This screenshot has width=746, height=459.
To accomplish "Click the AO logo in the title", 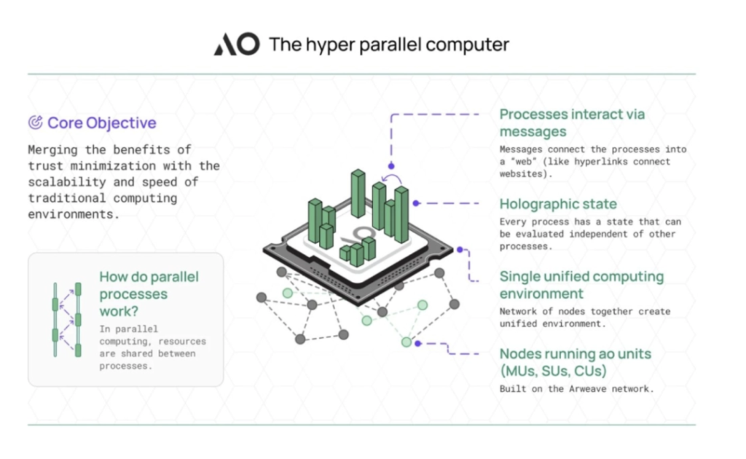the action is click(237, 44).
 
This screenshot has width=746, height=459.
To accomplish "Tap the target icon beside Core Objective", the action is click(35, 122).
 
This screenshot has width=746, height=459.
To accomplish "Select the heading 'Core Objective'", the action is click(102, 122).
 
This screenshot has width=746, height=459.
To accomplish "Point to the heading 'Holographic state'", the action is click(558, 204).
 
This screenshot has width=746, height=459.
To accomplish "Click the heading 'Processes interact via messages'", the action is click(572, 122).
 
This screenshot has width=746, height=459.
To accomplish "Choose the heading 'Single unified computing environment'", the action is click(581, 285).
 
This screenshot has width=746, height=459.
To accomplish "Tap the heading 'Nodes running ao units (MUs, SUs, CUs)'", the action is click(576, 362).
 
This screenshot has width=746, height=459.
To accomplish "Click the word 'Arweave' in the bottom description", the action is click(588, 389).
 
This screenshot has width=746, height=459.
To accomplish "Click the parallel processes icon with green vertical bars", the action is click(66, 320).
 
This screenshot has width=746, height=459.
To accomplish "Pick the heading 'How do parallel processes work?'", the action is click(149, 294).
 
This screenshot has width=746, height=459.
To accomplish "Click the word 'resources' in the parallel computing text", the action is click(182, 342).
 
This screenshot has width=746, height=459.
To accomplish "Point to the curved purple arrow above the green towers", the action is click(392, 179).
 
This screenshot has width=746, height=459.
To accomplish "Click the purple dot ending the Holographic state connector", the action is click(416, 203).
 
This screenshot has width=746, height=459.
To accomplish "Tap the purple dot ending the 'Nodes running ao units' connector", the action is click(417, 343).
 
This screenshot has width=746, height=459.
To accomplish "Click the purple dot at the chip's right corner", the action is click(460, 249).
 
